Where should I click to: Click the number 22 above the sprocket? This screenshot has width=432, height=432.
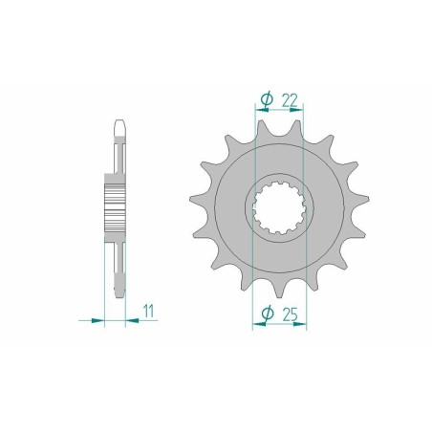tap(290, 98)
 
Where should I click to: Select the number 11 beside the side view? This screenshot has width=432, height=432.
tap(149, 309)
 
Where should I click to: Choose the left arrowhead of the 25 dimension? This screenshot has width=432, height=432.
tap(252, 322)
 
